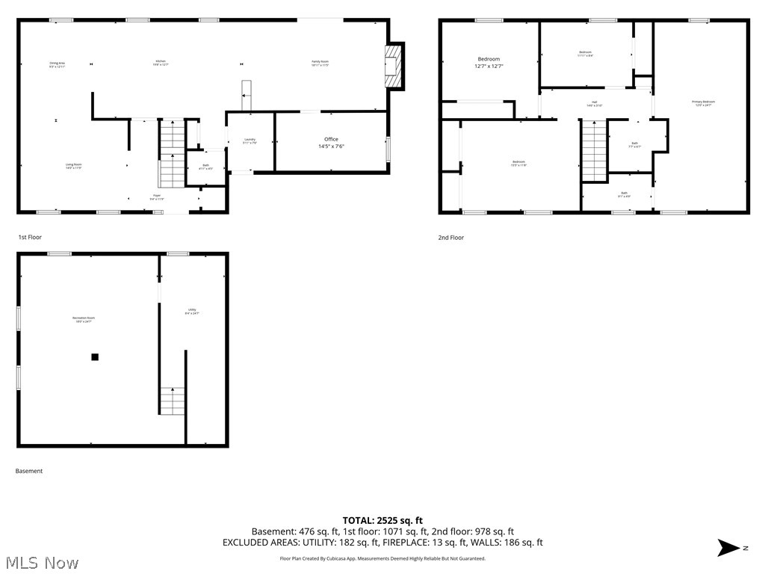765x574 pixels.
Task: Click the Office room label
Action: click(x=331, y=143)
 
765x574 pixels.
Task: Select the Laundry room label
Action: click(x=250, y=142)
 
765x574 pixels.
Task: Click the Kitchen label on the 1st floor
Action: click(x=161, y=63)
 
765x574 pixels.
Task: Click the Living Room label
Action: click(x=73, y=166)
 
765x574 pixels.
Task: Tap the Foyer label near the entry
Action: click(x=157, y=198)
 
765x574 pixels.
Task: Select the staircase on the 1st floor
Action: click(x=171, y=153)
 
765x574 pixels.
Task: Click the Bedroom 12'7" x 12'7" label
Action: click(x=489, y=62)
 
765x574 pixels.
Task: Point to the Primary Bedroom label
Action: click(x=703, y=103)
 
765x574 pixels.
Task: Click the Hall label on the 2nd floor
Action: click(x=595, y=104)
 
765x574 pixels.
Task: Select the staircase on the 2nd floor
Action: click(x=595, y=151)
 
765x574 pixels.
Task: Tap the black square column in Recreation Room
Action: click(x=95, y=357)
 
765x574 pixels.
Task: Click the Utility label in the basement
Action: click(x=193, y=312)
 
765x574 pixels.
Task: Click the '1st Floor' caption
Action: click(x=31, y=237)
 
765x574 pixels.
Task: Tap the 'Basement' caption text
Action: click(x=30, y=471)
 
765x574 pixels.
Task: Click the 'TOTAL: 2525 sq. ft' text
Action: click(x=382, y=520)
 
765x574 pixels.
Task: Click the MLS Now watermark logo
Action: click(x=41, y=562)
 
